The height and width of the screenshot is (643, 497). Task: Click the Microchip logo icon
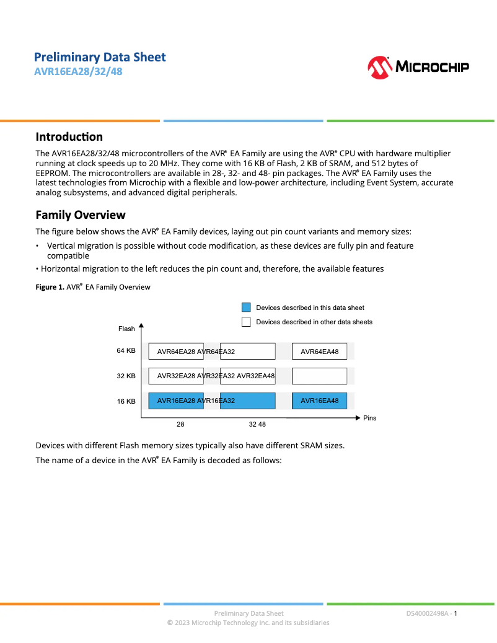click(x=379, y=67)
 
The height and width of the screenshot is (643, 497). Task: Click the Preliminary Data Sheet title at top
click(x=100, y=57)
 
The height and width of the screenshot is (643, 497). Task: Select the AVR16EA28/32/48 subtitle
click(x=78, y=71)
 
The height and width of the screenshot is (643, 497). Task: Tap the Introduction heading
click(x=69, y=137)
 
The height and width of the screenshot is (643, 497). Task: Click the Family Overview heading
click(x=80, y=215)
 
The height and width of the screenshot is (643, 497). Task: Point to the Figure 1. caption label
click(x=50, y=287)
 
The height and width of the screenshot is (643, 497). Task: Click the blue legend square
click(x=246, y=308)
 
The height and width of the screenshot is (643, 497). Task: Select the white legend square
click(x=246, y=322)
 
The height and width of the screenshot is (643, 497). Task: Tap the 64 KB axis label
click(x=126, y=351)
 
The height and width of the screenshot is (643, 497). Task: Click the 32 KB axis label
click(x=126, y=376)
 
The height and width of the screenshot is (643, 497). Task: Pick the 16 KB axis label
click(x=126, y=402)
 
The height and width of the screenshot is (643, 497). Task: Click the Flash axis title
click(x=126, y=329)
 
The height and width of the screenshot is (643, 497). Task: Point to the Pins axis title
click(x=369, y=419)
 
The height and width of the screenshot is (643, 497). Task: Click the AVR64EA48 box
click(x=319, y=352)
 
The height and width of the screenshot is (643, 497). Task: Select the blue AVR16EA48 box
click(x=319, y=401)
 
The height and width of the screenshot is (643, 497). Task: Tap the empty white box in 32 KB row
click(x=319, y=376)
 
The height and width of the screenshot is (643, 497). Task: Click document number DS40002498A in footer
click(x=428, y=613)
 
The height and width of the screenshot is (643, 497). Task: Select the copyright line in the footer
click(x=248, y=623)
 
